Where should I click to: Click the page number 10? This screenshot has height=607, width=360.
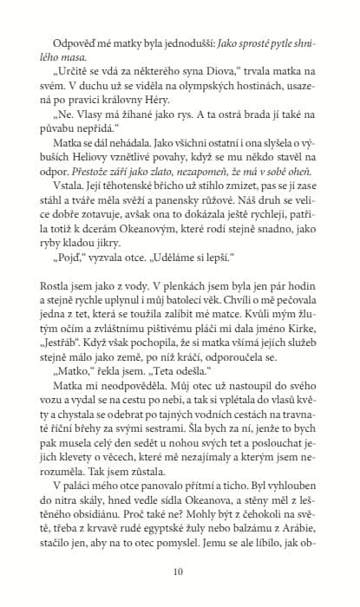point(179,571)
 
